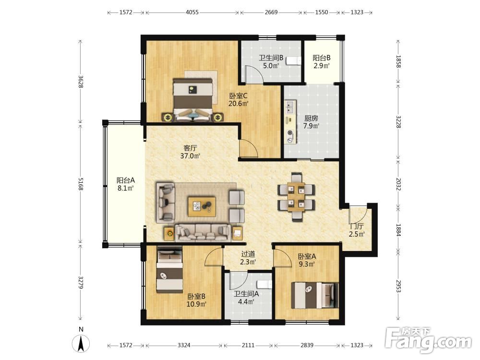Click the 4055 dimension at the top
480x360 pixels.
192,12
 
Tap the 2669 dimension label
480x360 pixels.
271,12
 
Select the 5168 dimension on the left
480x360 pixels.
81,184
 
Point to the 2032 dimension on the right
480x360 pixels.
398,184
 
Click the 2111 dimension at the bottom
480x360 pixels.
248,345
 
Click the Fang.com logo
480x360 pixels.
428,339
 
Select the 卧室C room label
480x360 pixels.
238,96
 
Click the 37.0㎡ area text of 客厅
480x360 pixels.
190,156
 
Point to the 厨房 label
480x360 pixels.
311,118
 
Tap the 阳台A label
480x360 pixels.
125,180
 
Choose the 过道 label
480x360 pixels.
248,254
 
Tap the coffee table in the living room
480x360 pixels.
202,206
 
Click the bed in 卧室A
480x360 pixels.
315,295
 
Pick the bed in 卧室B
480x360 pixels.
169,271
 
